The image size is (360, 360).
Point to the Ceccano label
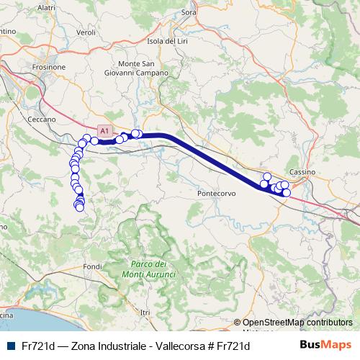(41, 119)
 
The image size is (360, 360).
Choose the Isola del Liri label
(167, 41)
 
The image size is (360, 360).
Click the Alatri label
(45, 6)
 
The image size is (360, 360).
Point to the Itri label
(146, 312)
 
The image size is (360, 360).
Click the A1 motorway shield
(105, 131)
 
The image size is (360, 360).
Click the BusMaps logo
(325, 345)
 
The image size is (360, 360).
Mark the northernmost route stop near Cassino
(267, 176)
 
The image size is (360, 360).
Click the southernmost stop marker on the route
(79, 208)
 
